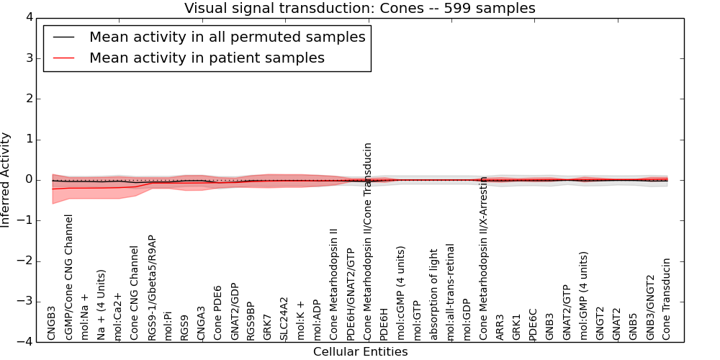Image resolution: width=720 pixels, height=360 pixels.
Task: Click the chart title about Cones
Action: coord(359,8)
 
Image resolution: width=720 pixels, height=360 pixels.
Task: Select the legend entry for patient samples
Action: coord(207,58)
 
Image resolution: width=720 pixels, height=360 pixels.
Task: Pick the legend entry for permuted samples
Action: coord(227,37)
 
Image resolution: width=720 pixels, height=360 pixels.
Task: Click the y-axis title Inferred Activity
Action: coord(6,180)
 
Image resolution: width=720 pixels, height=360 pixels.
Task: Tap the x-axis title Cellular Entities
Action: coord(360,352)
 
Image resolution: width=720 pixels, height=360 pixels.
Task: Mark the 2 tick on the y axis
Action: coord(32,99)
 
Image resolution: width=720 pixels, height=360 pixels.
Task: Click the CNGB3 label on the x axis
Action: coord(52,323)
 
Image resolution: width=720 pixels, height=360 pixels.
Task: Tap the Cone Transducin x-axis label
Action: coord(667,299)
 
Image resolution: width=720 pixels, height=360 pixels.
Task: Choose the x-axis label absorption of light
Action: coord(433,294)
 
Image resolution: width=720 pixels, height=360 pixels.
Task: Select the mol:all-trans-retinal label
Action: coord(450,292)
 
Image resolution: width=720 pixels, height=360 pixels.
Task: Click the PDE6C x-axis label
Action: coord(534,324)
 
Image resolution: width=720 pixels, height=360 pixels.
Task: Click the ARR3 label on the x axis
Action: coord(500,326)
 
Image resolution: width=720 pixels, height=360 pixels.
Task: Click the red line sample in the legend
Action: coord(63,58)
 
